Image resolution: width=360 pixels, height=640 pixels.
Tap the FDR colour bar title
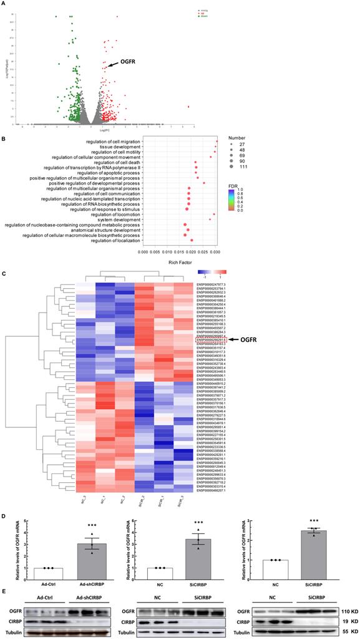(x=231, y=185)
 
